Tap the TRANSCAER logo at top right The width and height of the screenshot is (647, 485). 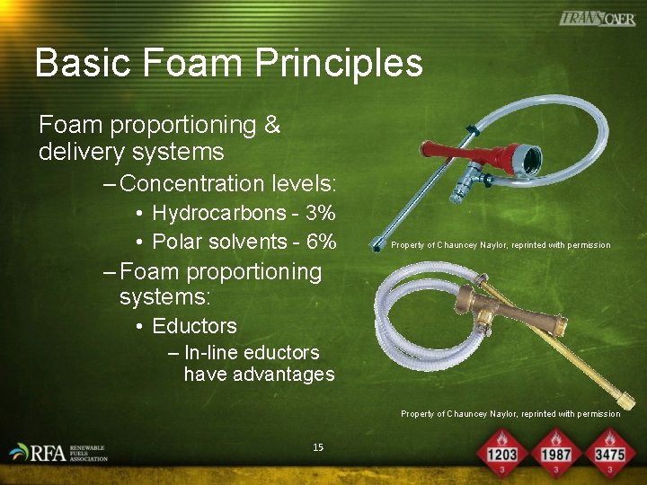(x=597, y=19)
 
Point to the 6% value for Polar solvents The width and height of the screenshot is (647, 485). (x=320, y=242)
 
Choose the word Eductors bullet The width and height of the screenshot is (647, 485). (x=194, y=326)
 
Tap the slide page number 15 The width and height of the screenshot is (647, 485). (x=318, y=447)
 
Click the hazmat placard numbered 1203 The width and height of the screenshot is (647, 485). (x=501, y=453)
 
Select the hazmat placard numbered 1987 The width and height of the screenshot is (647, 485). (x=555, y=453)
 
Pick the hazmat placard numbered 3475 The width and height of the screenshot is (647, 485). (x=609, y=453)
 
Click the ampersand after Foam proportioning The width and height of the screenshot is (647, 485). (x=272, y=126)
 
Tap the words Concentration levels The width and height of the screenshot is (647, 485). (x=227, y=184)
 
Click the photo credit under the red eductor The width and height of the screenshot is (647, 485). (x=501, y=245)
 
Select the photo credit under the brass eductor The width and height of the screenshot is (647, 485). (x=510, y=414)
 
